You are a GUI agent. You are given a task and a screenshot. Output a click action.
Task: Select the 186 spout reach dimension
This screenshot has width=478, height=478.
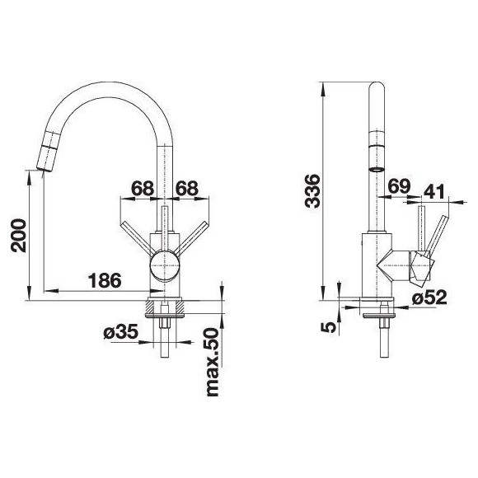pyautogui.click(x=105, y=280)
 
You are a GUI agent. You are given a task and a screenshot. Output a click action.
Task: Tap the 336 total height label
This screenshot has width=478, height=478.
pyautogui.click(x=312, y=191)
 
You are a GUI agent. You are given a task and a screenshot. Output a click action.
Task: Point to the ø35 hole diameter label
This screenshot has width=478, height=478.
pyautogui.click(x=120, y=332)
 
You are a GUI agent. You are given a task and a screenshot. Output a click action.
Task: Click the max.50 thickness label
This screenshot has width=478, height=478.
pyautogui.click(x=213, y=363)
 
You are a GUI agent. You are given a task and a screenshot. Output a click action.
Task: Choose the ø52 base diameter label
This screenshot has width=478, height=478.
pyautogui.click(x=429, y=297)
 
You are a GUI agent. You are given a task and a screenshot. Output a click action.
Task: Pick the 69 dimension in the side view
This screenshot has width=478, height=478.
pyautogui.click(x=399, y=186)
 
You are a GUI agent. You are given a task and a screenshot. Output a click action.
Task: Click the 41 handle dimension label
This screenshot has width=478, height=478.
pyautogui.click(x=434, y=191)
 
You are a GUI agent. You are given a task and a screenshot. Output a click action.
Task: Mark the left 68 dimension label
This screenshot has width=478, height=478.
pyautogui.click(x=143, y=188)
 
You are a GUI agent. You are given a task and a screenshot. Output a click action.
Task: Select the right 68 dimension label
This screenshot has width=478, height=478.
pyautogui.click(x=187, y=188)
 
